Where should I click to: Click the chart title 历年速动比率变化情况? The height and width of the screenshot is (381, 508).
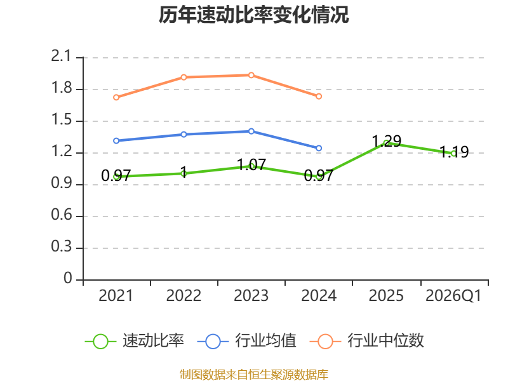(x=253, y=15)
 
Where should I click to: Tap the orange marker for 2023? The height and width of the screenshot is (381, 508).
(x=251, y=75)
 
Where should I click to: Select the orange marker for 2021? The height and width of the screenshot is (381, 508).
(x=116, y=98)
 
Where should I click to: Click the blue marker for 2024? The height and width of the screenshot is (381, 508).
(x=319, y=148)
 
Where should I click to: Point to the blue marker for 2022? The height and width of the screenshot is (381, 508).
(x=184, y=135)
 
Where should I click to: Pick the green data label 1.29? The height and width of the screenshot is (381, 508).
(x=386, y=141)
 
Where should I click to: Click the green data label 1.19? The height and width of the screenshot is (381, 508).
(x=454, y=152)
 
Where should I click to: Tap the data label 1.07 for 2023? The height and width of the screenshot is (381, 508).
(x=251, y=164)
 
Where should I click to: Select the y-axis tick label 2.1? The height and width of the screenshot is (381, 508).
(x=61, y=57)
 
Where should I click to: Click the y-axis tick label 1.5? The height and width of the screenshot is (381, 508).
(x=61, y=120)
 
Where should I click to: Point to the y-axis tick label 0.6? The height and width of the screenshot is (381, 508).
(x=61, y=215)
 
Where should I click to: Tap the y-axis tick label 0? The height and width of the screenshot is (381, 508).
(x=68, y=278)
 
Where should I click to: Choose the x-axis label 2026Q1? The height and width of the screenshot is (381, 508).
(x=453, y=296)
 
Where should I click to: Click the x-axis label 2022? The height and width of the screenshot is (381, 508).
(x=184, y=296)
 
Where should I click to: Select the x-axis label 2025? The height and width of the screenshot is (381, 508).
(x=386, y=296)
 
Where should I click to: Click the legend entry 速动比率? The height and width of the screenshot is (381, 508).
(x=135, y=341)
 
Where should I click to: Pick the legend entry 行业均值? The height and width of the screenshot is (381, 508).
(x=247, y=341)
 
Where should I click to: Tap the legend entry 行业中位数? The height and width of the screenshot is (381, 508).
(x=367, y=341)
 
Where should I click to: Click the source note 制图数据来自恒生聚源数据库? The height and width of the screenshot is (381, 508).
(x=253, y=375)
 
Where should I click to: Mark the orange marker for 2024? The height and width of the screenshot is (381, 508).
(x=319, y=97)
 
